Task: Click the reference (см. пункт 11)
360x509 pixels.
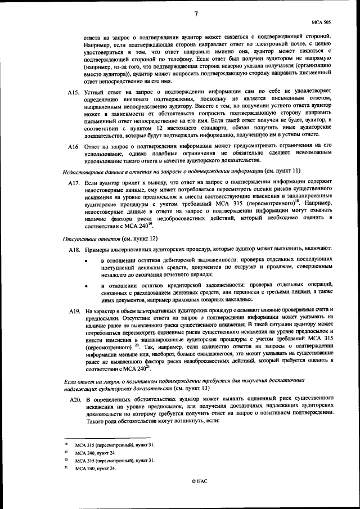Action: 282,170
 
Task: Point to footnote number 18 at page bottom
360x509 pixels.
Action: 66,444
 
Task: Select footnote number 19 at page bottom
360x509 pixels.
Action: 66,452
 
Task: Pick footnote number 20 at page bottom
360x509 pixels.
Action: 66,460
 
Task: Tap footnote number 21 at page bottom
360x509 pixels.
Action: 66,468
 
